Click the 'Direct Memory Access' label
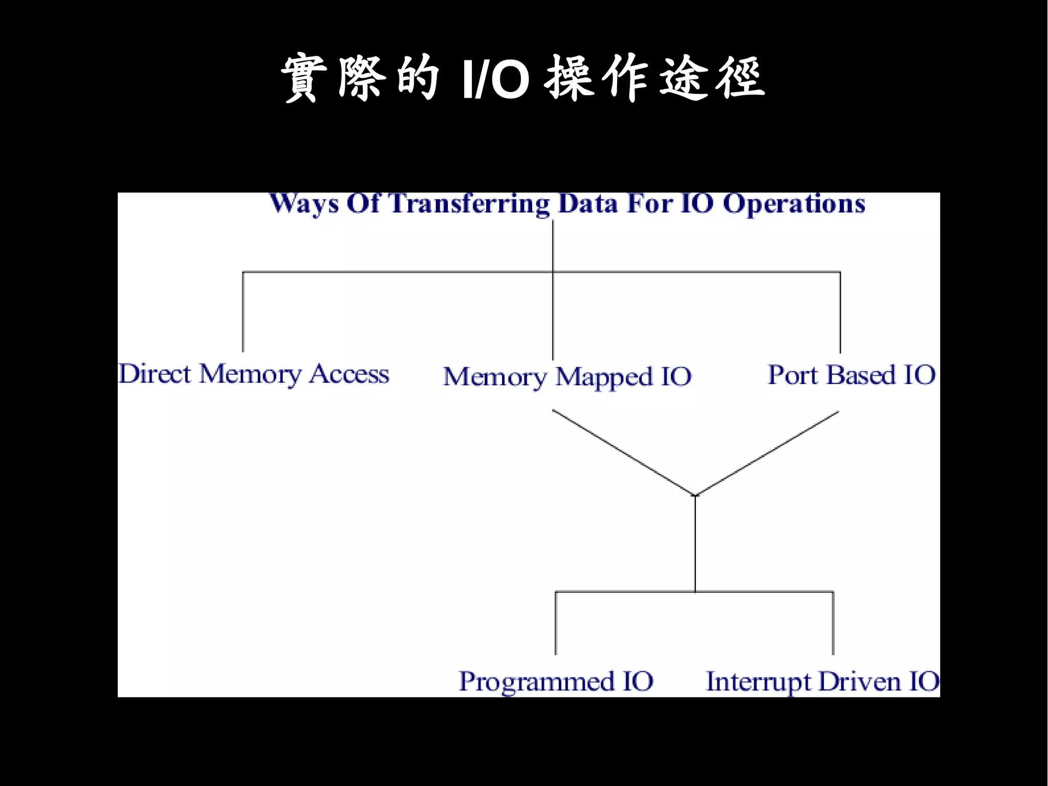click(254, 374)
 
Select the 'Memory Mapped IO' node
click(567, 377)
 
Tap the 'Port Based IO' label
click(851, 375)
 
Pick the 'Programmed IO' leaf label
click(556, 682)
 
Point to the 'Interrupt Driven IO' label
click(822, 682)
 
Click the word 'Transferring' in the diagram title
click(470, 204)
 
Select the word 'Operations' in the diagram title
click(794, 204)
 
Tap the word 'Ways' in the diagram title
click(304, 204)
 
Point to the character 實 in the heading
click(304, 78)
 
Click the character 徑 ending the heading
click(740, 78)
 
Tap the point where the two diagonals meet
click(695, 495)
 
